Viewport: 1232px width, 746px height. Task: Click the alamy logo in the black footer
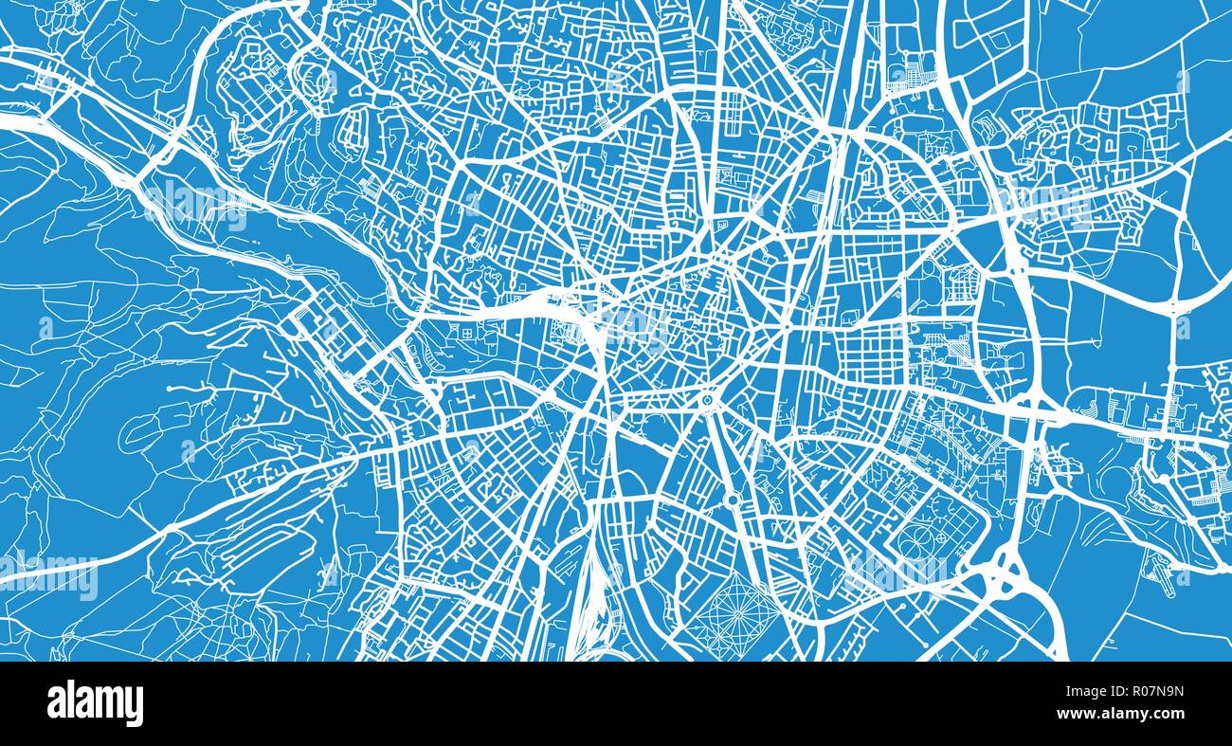click(x=95, y=703)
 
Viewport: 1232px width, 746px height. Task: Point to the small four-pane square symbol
click(x=466, y=333)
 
